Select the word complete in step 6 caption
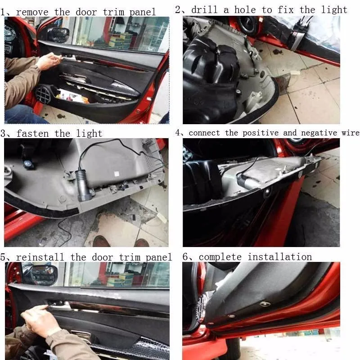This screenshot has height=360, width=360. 220,257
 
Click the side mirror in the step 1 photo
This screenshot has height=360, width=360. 59,34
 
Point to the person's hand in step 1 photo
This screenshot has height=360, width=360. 49,61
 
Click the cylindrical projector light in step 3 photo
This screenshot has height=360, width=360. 83,185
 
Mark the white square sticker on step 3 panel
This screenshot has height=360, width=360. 116,173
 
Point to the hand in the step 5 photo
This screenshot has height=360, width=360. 40,319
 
